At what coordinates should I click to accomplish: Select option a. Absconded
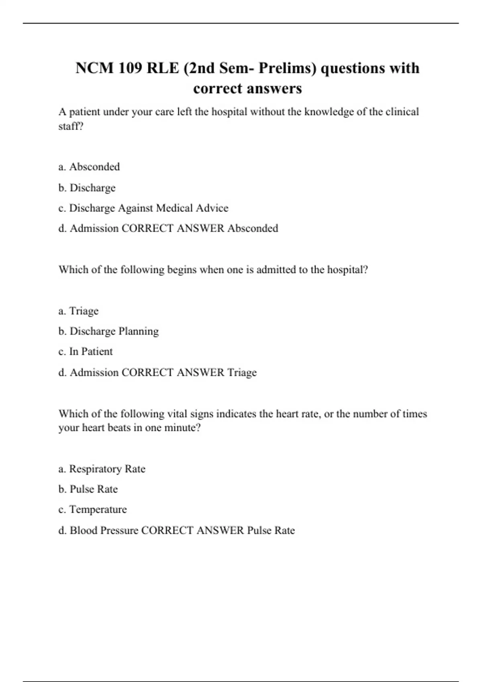(x=89, y=167)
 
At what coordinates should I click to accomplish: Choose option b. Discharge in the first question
(x=87, y=188)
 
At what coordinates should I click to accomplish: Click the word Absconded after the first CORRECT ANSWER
(x=253, y=228)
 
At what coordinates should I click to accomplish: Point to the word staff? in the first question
(x=71, y=126)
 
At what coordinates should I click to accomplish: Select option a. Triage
(x=78, y=311)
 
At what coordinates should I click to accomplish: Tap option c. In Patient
(x=86, y=351)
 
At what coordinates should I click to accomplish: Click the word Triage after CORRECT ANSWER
(x=242, y=373)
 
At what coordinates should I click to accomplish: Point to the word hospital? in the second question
(x=347, y=270)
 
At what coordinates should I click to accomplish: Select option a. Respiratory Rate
(x=102, y=469)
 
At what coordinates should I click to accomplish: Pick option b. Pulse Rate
(x=88, y=489)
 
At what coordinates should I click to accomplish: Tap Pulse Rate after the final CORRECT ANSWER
(x=271, y=530)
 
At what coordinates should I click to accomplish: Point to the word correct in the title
(x=217, y=89)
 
